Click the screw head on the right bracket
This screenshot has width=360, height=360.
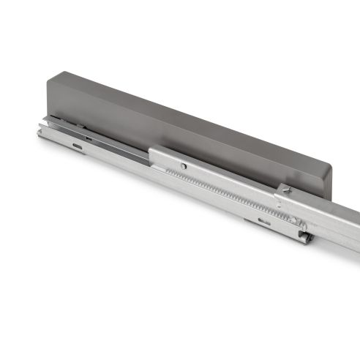(287, 191)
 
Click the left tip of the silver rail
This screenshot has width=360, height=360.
(40, 131)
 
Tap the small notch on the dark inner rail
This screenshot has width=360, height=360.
(87, 136)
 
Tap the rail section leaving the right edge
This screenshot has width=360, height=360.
(348, 227)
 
